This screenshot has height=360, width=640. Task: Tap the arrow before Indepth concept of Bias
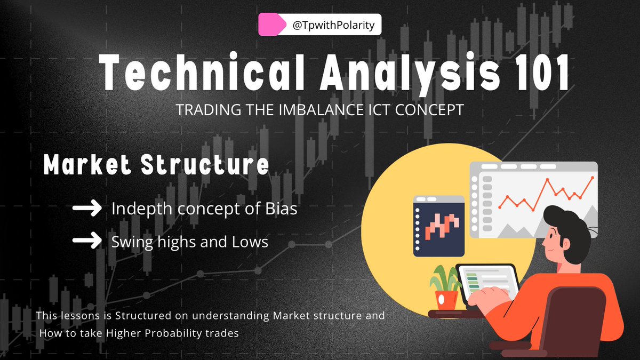(x=86, y=209)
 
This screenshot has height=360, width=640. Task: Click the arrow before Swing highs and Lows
(x=86, y=241)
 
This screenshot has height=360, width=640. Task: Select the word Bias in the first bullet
(x=280, y=209)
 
